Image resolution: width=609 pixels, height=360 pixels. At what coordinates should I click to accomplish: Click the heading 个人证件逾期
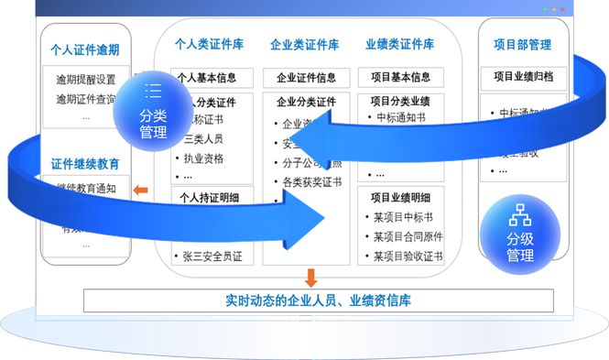(x=86, y=50)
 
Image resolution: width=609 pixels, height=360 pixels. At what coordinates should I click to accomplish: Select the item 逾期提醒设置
(x=86, y=79)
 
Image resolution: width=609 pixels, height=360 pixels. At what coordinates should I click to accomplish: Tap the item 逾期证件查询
(x=86, y=98)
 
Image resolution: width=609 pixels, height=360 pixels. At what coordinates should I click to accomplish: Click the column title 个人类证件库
(x=209, y=43)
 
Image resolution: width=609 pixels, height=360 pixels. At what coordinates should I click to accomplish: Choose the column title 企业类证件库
(x=305, y=44)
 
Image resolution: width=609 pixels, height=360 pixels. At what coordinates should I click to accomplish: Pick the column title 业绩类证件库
(x=399, y=43)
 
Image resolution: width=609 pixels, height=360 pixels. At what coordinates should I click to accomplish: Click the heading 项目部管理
(x=522, y=44)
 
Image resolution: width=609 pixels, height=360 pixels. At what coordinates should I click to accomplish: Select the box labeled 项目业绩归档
(x=523, y=77)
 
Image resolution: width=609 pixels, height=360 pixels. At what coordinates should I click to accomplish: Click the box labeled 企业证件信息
(x=306, y=78)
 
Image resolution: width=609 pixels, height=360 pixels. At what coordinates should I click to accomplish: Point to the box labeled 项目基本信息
(x=400, y=78)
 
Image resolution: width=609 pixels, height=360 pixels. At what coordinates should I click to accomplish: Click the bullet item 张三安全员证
(x=212, y=257)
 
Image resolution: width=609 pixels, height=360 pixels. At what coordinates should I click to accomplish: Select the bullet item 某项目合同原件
(x=408, y=236)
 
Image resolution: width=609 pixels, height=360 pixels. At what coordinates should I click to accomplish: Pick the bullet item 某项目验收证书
(x=408, y=256)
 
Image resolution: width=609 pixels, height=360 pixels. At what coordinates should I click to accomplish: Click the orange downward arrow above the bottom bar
(x=311, y=278)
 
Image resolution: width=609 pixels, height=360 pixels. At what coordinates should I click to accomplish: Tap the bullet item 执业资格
(x=203, y=158)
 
